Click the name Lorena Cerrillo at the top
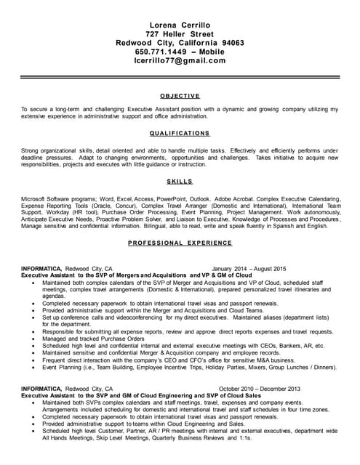tap(180, 25)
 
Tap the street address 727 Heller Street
tap(180, 33)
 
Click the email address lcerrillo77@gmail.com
tap(180, 61)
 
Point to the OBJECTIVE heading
tap(180, 96)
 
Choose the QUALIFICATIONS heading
tap(180, 134)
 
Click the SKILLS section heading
tap(180, 181)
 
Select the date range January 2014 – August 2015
tap(249, 269)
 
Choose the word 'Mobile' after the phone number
tap(209, 52)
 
